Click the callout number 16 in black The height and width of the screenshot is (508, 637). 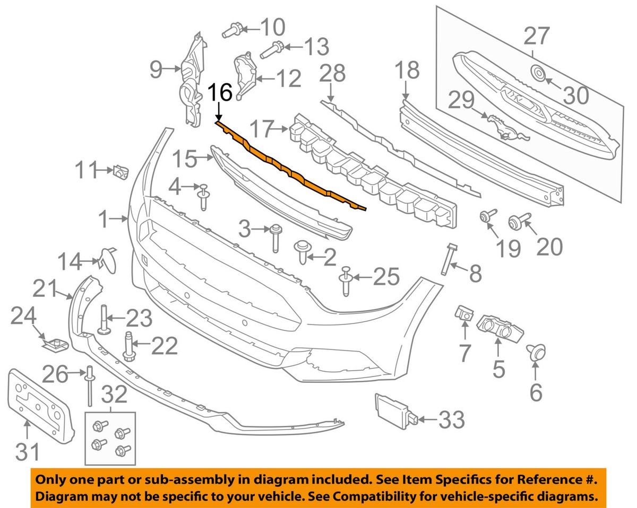pos(219,93)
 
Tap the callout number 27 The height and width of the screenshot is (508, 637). pos(537,37)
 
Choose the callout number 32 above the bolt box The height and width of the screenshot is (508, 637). pos(114,395)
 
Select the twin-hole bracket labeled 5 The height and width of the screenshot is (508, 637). pos(498,327)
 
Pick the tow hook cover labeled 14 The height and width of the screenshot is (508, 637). pos(106,257)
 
